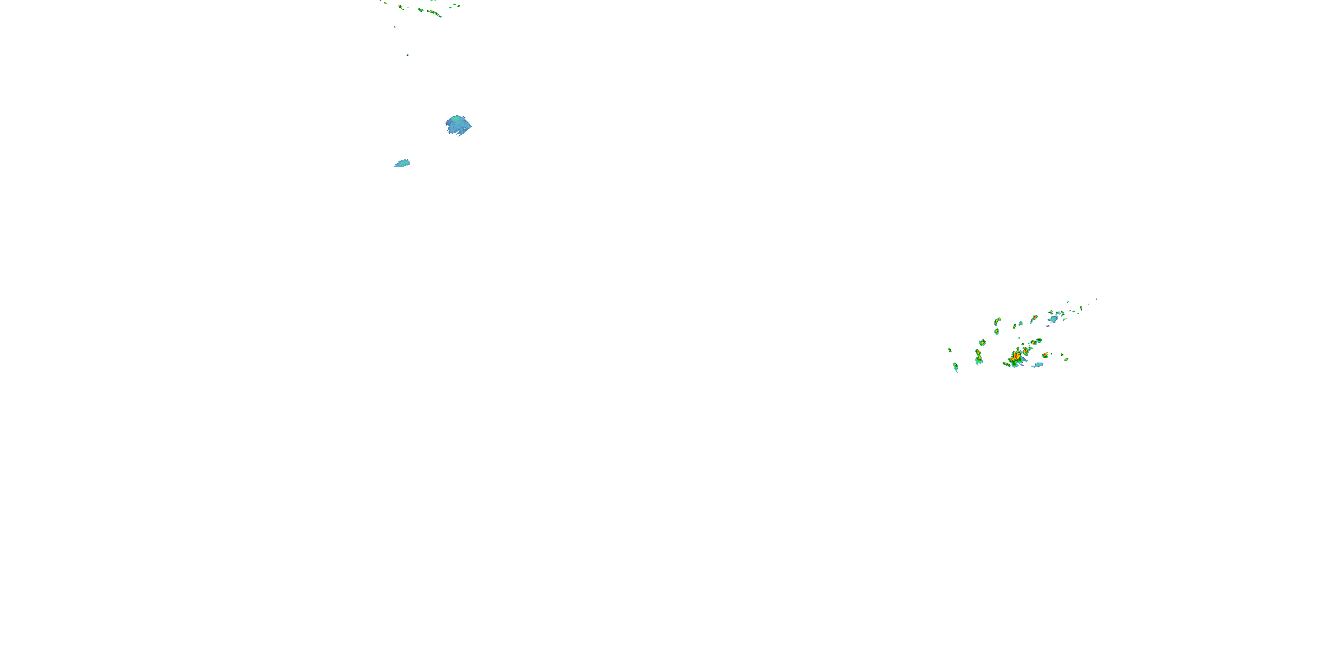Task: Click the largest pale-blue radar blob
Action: point(458,125)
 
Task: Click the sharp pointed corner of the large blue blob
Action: point(471,125)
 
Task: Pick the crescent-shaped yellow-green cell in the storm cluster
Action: point(997,321)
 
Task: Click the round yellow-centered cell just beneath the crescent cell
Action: point(996,331)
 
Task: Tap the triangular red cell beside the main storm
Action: point(1044,355)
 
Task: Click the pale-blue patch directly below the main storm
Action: point(1037,365)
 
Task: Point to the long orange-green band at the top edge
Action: point(434,13)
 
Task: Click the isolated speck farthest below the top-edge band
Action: point(408,56)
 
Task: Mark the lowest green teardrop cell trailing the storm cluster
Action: point(956,367)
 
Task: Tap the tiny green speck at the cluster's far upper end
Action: point(1096,299)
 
